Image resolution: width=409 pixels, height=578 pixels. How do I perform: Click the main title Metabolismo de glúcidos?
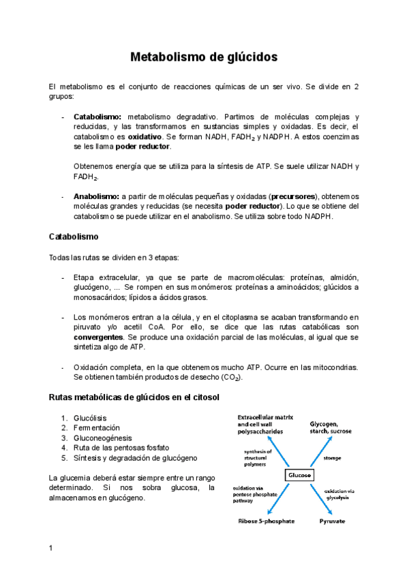(204, 57)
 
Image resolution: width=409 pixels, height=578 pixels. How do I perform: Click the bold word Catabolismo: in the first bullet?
(97, 117)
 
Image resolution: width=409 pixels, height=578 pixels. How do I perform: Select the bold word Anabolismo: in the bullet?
(96, 196)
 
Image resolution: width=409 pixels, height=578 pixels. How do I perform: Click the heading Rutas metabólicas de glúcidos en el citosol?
(134, 397)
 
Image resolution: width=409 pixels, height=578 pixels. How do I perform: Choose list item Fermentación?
(95, 428)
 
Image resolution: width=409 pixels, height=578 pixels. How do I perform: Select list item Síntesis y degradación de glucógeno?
(136, 458)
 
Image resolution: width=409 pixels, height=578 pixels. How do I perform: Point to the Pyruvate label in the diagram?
(332, 521)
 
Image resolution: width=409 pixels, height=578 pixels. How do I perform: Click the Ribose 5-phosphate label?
(266, 521)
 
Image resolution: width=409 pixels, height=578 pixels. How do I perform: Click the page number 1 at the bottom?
(50, 548)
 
